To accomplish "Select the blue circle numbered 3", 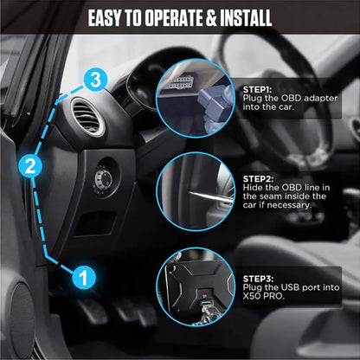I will coord(98,80).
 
